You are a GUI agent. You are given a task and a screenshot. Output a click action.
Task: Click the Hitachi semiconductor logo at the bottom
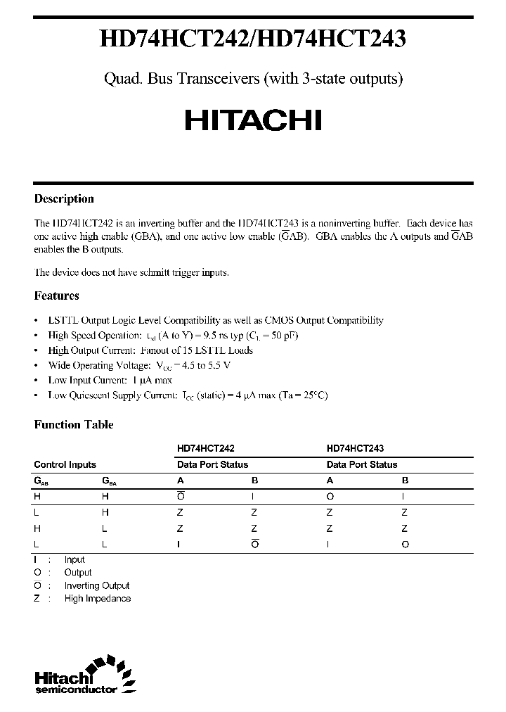click(x=84, y=677)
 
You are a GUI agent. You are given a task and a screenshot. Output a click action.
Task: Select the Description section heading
click(x=64, y=198)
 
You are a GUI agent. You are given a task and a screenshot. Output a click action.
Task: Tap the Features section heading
click(x=57, y=295)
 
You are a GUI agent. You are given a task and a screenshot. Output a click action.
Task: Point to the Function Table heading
click(x=74, y=424)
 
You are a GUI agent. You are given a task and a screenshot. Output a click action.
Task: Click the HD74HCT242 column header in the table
click(x=206, y=447)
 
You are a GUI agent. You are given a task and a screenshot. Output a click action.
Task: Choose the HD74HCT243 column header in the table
click(x=355, y=447)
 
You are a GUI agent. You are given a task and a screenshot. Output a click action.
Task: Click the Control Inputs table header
click(x=65, y=464)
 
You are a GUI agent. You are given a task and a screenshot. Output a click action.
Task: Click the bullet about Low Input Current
click(x=110, y=380)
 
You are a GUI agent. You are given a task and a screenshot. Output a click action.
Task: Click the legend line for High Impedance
click(x=97, y=598)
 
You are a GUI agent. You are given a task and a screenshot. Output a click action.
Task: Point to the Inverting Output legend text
click(x=97, y=585)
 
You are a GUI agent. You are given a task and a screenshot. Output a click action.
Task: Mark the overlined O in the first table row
click(x=180, y=497)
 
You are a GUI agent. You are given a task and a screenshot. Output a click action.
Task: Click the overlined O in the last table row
click(x=254, y=544)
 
